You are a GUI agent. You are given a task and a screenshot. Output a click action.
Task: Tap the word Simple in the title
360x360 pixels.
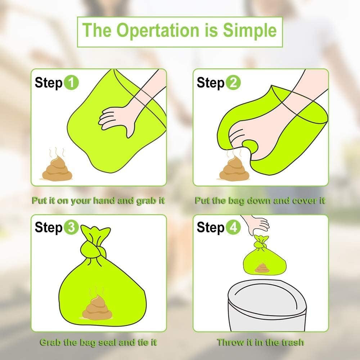pyautogui.click(x=249, y=30)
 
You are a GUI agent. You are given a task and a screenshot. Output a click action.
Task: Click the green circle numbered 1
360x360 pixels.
pyautogui.click(x=71, y=83)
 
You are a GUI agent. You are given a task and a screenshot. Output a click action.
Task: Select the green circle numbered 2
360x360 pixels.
pyautogui.click(x=233, y=83)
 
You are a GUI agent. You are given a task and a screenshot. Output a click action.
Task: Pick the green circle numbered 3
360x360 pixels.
pyautogui.click(x=71, y=228)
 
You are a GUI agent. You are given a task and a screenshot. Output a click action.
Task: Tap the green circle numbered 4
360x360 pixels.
pyautogui.click(x=233, y=228)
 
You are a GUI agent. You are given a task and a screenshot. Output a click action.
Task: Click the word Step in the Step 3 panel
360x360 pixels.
pyautogui.click(x=49, y=228)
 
